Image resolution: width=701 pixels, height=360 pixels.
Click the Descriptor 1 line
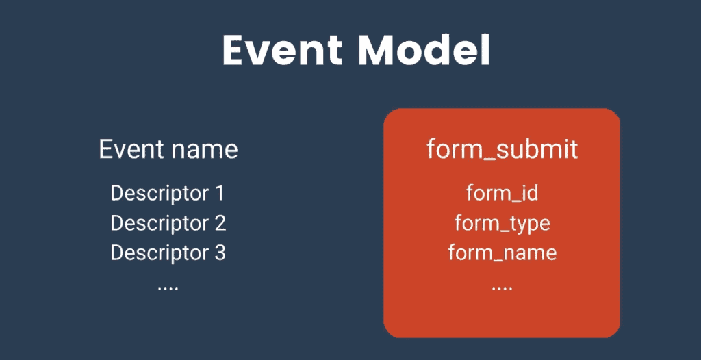click(x=168, y=193)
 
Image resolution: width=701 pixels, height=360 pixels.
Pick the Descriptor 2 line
click(x=168, y=223)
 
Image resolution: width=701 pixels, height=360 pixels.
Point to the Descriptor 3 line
click(x=168, y=253)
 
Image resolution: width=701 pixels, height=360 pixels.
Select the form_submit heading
click(x=502, y=149)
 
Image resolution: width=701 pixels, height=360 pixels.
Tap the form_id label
click(x=502, y=193)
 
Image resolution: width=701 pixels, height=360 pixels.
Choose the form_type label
click(x=502, y=223)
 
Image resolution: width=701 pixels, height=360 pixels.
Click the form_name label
click(x=502, y=253)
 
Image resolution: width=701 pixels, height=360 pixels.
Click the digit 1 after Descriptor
click(x=219, y=193)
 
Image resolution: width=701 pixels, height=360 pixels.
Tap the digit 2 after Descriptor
click(x=219, y=223)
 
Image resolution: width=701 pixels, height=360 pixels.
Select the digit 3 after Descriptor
click(x=219, y=253)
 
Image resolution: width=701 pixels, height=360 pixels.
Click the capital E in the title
click(x=235, y=51)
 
